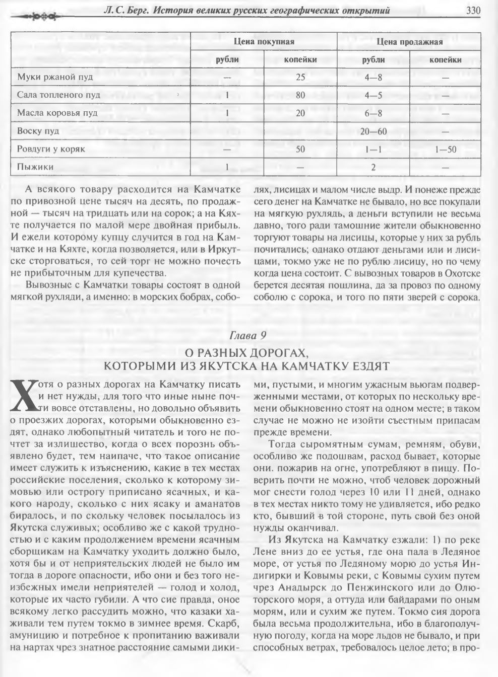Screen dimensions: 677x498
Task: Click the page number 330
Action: [474, 11]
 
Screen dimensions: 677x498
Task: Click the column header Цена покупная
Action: [264, 42]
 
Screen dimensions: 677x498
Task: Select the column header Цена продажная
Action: [409, 42]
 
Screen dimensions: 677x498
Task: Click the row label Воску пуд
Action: [38, 131]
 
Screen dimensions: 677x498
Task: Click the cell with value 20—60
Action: [373, 131]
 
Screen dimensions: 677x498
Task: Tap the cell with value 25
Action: [301, 77]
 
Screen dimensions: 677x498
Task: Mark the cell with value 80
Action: [301, 95]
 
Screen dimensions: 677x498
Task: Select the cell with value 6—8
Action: [373, 113]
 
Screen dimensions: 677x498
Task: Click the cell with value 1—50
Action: [446, 149]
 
